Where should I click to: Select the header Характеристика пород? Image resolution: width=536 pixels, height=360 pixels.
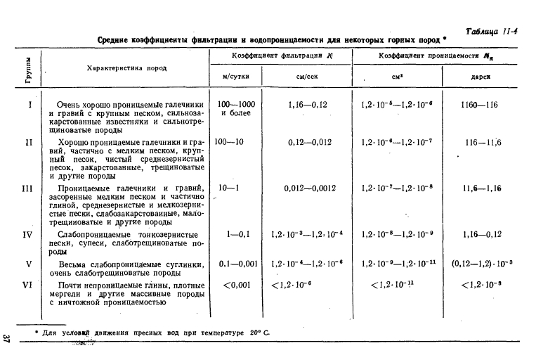[x=126, y=69]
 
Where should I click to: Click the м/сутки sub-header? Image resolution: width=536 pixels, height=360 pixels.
[x=235, y=77]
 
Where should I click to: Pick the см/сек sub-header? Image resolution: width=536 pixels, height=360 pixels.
[x=308, y=77]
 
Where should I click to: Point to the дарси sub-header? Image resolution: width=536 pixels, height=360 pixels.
[x=481, y=77]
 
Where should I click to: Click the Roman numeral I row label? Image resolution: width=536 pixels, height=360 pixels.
[x=30, y=105]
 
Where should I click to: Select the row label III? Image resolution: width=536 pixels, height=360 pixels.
[x=28, y=188]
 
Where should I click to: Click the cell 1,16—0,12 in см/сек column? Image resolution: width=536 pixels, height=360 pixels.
[x=308, y=105]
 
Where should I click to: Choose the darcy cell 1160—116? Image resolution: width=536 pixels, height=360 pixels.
[x=481, y=105]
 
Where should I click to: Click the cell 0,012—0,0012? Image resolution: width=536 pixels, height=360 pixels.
[x=311, y=188]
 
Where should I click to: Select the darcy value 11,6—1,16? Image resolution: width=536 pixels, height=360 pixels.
[x=481, y=188]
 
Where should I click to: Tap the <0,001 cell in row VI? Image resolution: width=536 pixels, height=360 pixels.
[x=236, y=285]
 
